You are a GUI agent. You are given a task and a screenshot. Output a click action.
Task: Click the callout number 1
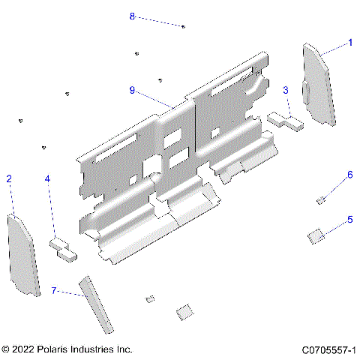pos(349,43)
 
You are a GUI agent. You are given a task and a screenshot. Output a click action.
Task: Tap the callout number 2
pos(9,178)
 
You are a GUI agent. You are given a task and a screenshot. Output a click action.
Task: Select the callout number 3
pos(286,90)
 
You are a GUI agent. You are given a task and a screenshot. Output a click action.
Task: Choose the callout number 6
pos(349,175)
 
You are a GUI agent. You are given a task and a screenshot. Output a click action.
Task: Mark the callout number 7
pos(53,289)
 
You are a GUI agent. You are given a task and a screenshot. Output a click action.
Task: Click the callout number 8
pos(133,16)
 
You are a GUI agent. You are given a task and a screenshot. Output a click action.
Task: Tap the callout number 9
pos(132,90)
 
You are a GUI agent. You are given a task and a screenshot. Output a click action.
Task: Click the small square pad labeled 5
pos(316,235)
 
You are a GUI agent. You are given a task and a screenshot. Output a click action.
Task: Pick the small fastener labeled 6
pos(320,199)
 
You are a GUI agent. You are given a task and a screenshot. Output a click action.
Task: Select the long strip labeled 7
pos(97,303)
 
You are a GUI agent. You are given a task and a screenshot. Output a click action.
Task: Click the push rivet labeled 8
pos(183,26)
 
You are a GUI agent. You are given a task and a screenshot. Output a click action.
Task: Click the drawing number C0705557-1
pos(328,350)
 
